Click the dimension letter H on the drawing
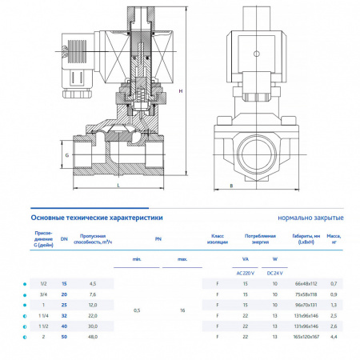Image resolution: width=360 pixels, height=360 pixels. (x=181, y=91)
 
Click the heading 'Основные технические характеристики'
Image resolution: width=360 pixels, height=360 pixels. (x=96, y=217)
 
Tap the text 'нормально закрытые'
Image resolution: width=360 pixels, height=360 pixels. (x=311, y=218)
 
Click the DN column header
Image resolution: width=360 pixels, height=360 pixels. (x=64, y=238)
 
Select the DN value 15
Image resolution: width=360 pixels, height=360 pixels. (x=64, y=283)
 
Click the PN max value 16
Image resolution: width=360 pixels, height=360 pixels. (x=182, y=310)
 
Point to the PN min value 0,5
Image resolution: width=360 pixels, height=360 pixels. (x=137, y=310)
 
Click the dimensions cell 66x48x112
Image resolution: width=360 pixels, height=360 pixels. (x=306, y=283)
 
